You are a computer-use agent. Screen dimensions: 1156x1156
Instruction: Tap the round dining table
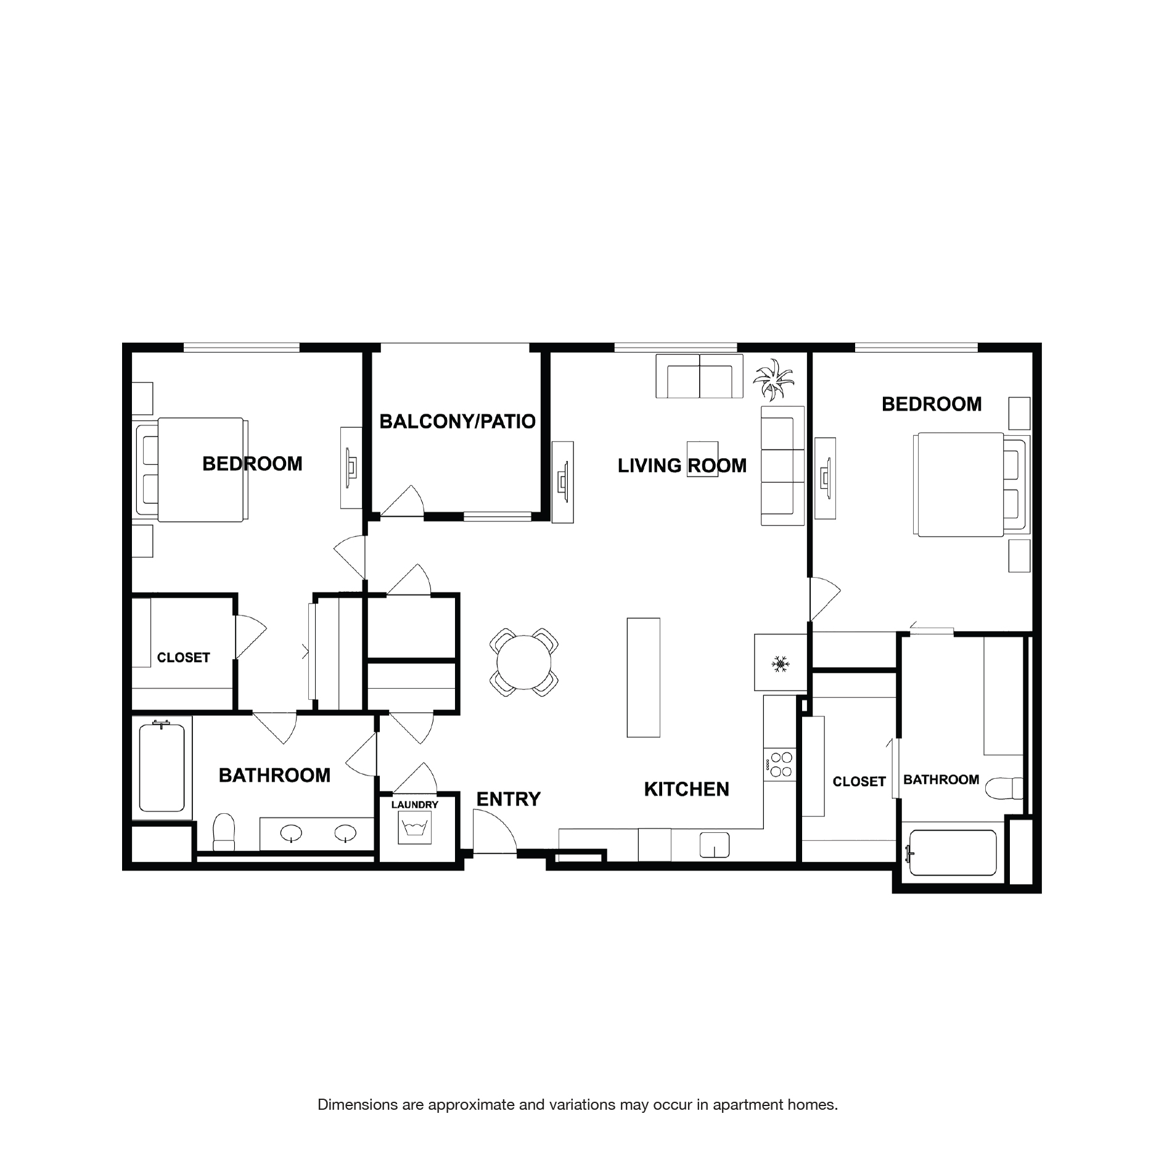pyautogui.click(x=523, y=662)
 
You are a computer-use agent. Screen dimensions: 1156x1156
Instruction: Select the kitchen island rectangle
pyautogui.click(x=643, y=677)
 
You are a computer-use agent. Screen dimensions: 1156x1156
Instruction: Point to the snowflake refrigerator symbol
pyautogui.click(x=780, y=664)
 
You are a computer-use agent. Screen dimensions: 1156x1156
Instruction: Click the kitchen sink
pyautogui.click(x=714, y=845)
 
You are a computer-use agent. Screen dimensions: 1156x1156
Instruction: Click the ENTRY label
pyautogui.click(x=508, y=799)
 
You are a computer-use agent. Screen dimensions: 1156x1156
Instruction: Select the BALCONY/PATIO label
pyautogui.click(x=457, y=422)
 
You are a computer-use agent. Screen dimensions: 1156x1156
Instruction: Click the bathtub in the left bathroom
pyautogui.click(x=162, y=768)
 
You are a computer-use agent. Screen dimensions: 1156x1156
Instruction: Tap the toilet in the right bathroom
pyautogui.click(x=1003, y=789)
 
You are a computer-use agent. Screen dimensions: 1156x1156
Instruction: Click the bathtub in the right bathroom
pyautogui.click(x=952, y=853)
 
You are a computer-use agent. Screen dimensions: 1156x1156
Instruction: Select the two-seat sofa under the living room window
pyautogui.click(x=699, y=377)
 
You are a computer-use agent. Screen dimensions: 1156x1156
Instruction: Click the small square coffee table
pyautogui.click(x=703, y=459)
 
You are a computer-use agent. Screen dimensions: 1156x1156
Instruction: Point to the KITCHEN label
pyautogui.click(x=686, y=789)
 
